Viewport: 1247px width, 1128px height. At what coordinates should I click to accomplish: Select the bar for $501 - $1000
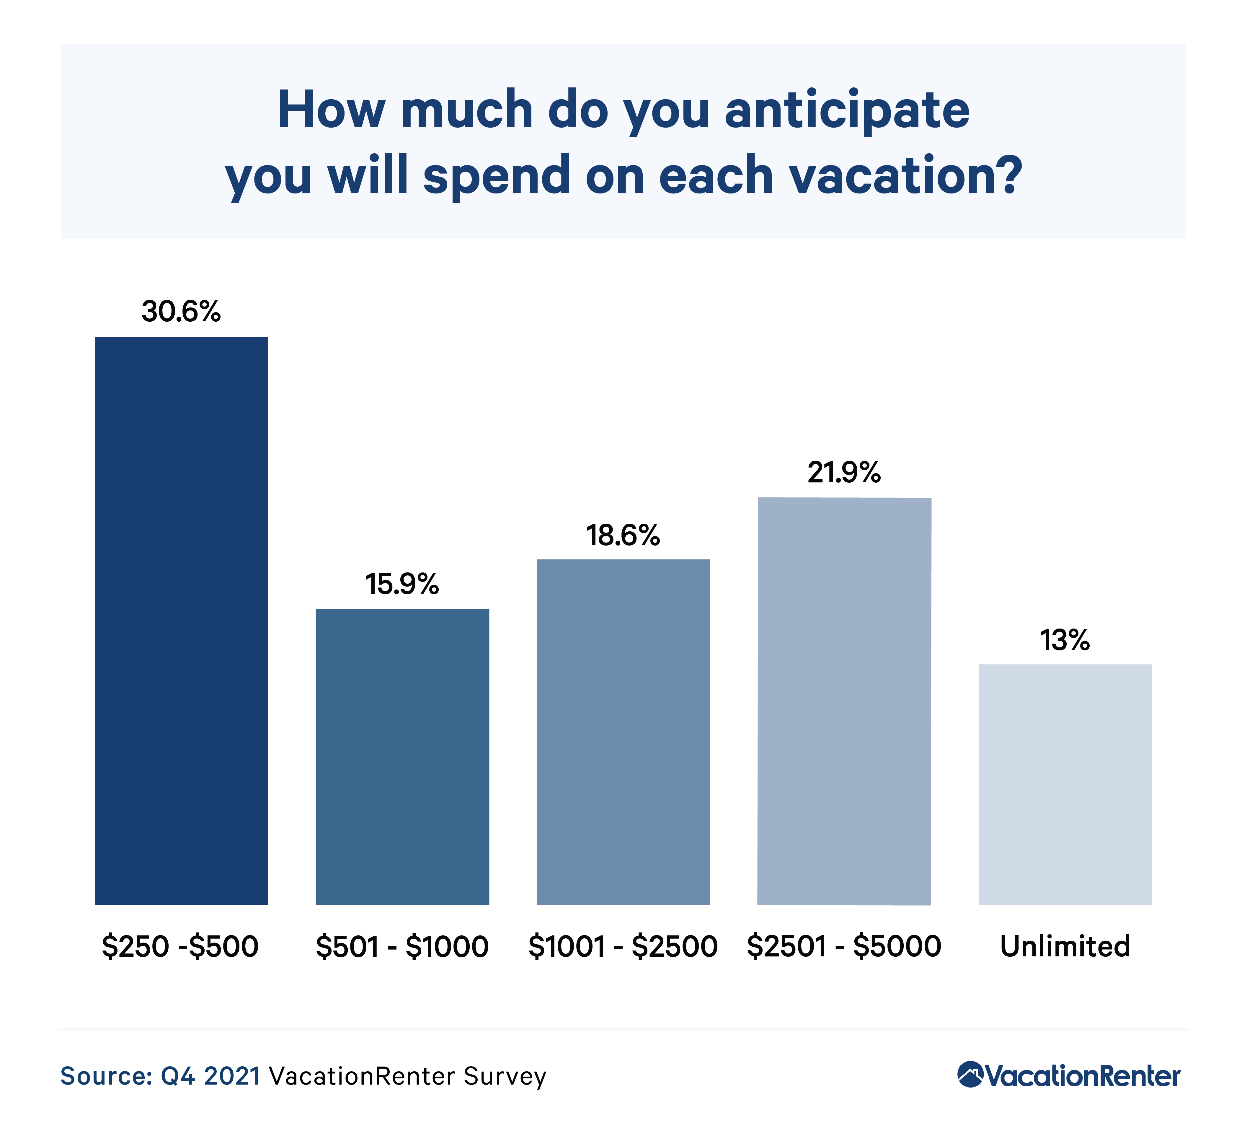coord(402,757)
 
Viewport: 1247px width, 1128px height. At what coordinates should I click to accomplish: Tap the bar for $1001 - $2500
coord(623,732)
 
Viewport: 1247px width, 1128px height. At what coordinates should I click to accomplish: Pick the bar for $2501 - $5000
coord(844,701)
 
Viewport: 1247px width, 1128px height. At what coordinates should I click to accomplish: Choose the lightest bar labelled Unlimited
coord(1065,784)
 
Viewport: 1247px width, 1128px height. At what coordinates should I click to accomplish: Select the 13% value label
coord(1065,640)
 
